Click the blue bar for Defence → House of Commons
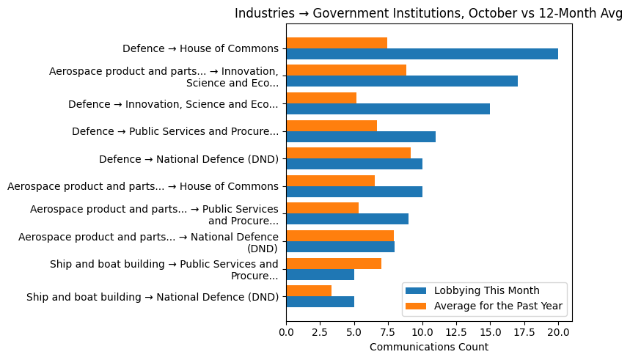pos(422,54)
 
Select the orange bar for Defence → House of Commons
pos(337,43)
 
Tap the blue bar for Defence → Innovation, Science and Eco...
pos(388,109)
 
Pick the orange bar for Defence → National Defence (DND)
pos(348,153)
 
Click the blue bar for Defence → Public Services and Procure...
pos(361,136)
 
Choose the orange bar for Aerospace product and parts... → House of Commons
pos(330,180)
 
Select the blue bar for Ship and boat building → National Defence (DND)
pos(320,301)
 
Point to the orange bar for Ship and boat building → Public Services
pos(334,263)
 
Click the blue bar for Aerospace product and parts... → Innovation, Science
pos(402,81)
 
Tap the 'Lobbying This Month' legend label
pos(486,290)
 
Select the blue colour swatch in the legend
pos(415,290)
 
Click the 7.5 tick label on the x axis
pos(388,333)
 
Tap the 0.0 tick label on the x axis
pos(286,333)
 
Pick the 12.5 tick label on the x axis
pos(456,333)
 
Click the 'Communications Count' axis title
pos(428,347)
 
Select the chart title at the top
pos(428,13)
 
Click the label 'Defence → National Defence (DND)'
pos(188,159)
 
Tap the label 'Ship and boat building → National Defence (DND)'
pos(153,297)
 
